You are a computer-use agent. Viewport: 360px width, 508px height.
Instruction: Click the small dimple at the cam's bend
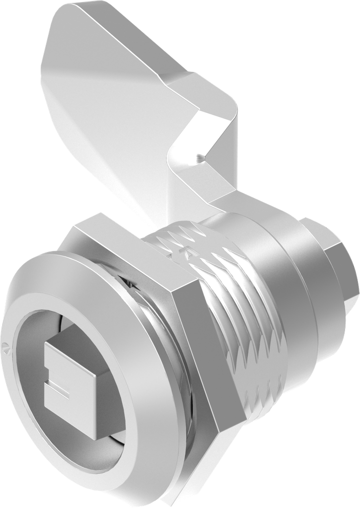pos(199,158)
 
